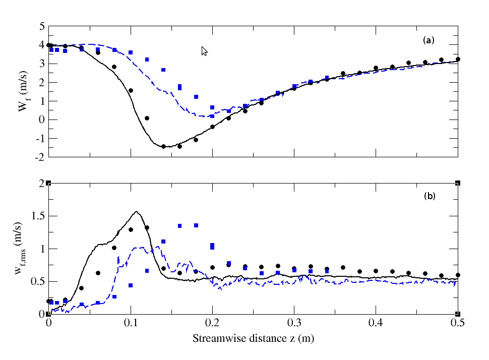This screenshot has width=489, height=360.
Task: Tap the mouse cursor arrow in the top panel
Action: (204, 50)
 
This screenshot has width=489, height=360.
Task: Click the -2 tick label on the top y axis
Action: (40, 157)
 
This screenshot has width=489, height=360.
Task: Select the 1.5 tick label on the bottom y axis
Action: (38, 216)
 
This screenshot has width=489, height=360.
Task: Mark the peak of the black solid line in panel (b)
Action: (136, 212)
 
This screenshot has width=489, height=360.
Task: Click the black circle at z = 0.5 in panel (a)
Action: (458, 59)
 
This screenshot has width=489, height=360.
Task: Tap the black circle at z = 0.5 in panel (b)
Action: (458, 275)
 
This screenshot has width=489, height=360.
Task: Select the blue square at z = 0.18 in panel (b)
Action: (196, 225)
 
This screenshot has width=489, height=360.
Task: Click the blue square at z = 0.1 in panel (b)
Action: (131, 285)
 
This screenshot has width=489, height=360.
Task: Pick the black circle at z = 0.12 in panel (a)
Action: (147, 118)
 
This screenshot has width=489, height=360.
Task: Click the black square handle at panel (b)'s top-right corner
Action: (458, 183)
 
